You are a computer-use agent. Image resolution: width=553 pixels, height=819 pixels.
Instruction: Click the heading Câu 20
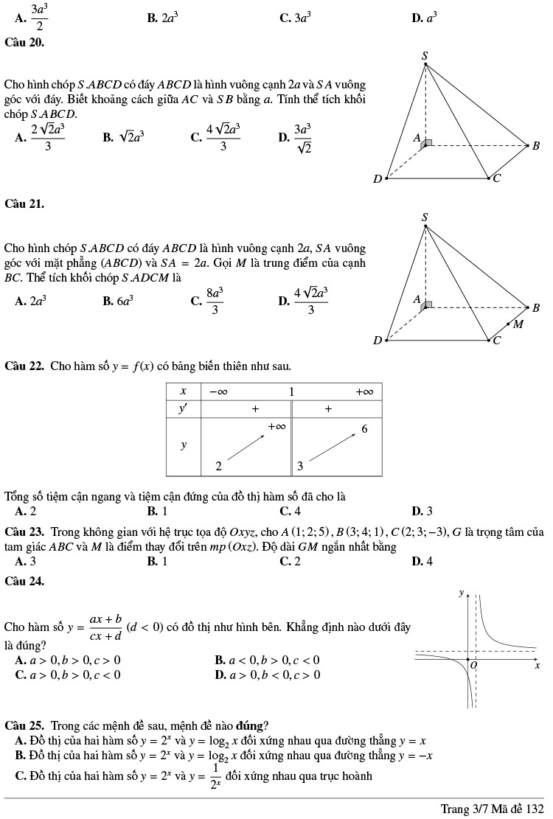pos(24,43)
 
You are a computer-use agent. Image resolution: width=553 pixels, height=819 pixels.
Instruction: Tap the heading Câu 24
pos(24,581)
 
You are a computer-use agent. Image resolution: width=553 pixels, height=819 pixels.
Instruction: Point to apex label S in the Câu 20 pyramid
pos(425,55)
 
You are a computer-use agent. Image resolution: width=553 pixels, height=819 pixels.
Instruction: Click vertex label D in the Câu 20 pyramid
pos(378,178)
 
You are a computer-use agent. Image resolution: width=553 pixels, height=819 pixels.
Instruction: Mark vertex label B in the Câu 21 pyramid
pos(536,307)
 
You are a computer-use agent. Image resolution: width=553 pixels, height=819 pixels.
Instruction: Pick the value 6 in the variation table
pos(364,429)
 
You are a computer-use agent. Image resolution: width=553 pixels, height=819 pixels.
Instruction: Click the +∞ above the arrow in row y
pos(276,426)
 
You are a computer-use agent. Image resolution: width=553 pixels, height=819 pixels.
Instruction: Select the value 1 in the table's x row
pos(292,391)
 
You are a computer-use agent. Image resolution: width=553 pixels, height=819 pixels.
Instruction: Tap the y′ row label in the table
pos(184,409)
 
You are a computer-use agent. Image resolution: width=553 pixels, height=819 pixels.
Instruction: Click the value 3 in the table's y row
pos(300,466)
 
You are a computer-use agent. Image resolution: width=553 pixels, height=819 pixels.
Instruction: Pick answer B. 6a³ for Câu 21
pos(118,300)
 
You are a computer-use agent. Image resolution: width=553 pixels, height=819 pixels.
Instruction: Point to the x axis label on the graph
pos(537,665)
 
